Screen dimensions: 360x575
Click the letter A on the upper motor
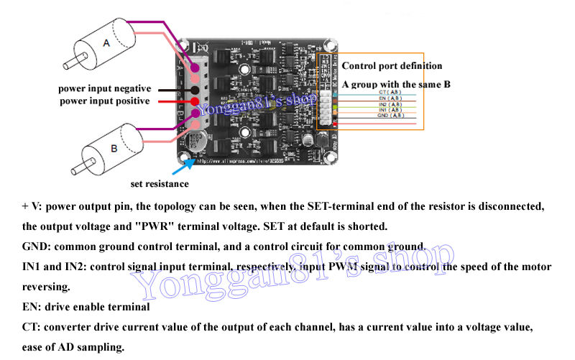tap(107, 44)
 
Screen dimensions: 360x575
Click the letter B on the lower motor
tap(114, 149)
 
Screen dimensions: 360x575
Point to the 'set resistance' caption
tap(160, 183)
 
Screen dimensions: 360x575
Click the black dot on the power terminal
tap(194, 89)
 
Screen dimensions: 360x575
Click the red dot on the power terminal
tap(194, 101)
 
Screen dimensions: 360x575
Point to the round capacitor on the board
tap(196, 141)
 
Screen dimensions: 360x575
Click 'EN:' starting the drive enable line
tap(32, 307)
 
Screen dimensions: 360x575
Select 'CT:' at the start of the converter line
tap(32, 327)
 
